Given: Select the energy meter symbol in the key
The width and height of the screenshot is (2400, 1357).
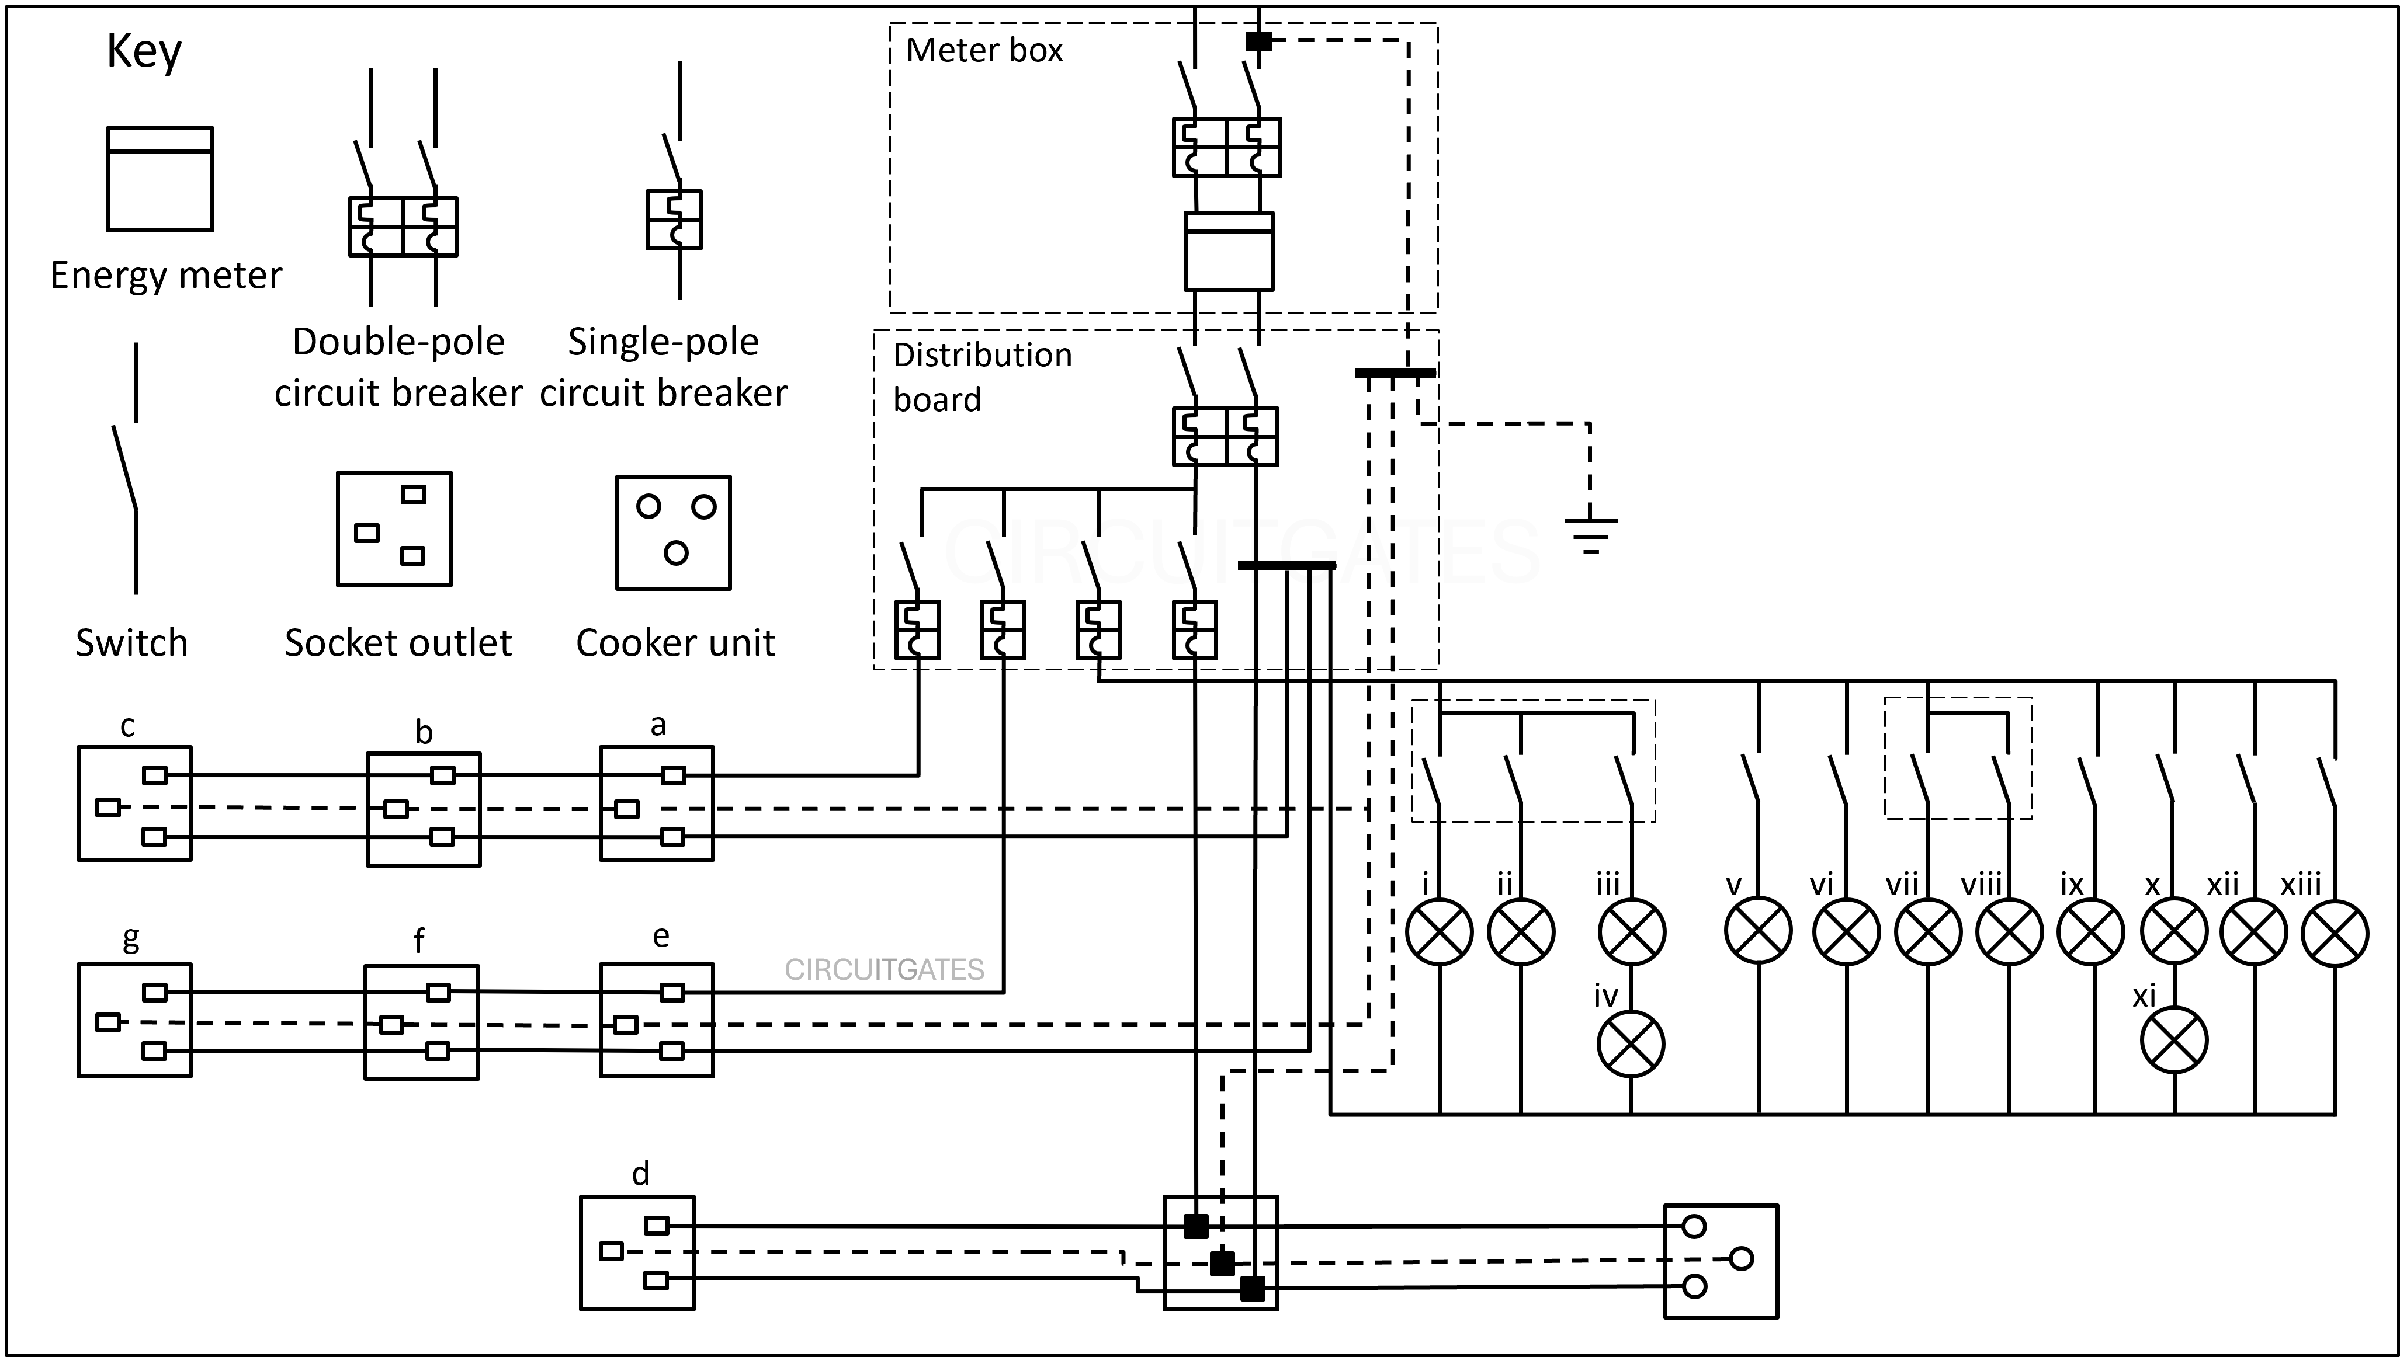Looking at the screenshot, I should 159,179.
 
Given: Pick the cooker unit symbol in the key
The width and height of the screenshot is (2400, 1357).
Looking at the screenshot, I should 673,532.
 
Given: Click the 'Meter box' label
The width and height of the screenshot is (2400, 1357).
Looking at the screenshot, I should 984,50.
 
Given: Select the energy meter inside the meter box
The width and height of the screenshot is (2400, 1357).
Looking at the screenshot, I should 1228,250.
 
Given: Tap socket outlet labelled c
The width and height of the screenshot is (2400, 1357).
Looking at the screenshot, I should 134,803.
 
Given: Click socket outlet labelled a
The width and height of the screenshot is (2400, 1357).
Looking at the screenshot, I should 657,803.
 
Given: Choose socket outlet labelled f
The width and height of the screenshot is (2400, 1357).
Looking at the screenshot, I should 421,1022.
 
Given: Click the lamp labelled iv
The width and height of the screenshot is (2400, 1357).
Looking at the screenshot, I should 1631,1044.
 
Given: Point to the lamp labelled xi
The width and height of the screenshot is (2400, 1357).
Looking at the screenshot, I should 2173,1040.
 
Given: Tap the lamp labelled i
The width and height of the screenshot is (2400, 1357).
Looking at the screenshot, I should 1439,932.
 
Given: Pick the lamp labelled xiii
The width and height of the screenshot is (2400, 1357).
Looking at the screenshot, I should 2335,932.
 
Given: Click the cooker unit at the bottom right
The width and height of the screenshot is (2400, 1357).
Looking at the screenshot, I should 1721,1261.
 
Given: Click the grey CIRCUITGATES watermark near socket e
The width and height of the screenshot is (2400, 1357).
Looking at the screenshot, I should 884,970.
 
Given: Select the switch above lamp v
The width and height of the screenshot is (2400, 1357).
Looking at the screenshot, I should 1752,778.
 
